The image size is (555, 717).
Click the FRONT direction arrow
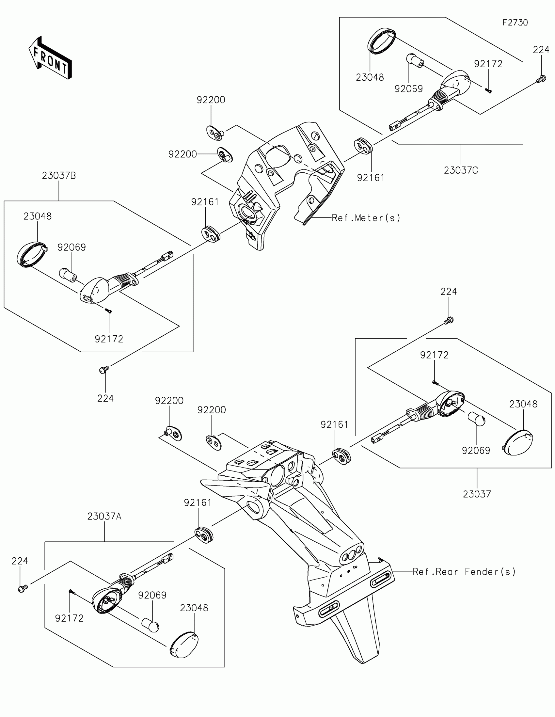tap(50, 58)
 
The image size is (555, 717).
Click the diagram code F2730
tap(515, 23)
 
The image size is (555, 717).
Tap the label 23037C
tap(461, 170)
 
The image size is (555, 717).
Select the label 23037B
tap(59, 176)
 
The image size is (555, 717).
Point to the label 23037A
tap(104, 517)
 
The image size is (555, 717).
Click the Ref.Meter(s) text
tap(366, 218)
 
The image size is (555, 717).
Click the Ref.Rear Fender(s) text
tap(464, 572)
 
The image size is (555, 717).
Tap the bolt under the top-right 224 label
tap(541, 79)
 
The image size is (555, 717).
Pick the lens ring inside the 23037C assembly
tap(381, 41)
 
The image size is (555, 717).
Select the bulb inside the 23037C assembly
tap(415, 60)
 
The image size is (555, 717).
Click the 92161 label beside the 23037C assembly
tap(371, 178)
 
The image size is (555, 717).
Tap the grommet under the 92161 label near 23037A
tap(204, 534)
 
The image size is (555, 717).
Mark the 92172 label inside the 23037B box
tap(109, 339)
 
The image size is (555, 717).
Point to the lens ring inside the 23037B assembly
tap(31, 254)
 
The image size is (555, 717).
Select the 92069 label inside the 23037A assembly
tap(152, 595)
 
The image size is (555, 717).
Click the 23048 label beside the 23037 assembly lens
tap(523, 404)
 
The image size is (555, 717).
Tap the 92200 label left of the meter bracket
tap(182, 154)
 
